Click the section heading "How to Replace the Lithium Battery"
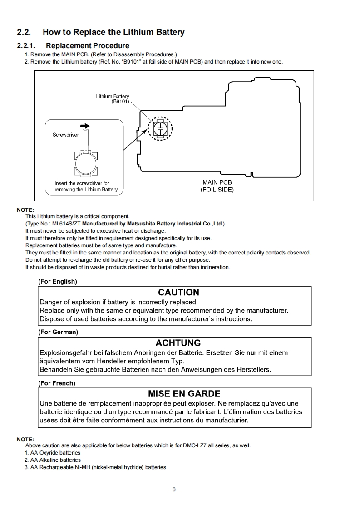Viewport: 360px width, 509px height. click(x=113, y=32)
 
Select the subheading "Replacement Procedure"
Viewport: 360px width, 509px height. click(x=88, y=45)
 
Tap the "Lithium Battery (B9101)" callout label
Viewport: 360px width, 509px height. click(x=113, y=99)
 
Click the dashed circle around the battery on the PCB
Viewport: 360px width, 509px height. click(x=160, y=128)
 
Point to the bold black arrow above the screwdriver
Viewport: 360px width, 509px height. click(x=84, y=126)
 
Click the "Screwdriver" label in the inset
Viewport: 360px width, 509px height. click(x=66, y=135)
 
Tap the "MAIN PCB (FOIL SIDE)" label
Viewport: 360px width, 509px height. click(x=217, y=186)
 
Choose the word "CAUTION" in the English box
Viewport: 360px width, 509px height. click(x=178, y=293)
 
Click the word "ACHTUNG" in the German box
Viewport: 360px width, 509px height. click(x=178, y=343)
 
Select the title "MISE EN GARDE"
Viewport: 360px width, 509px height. click(x=184, y=394)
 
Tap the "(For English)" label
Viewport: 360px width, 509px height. click(x=58, y=281)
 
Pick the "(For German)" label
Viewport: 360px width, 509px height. click(x=58, y=332)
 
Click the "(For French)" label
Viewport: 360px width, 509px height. click(x=57, y=383)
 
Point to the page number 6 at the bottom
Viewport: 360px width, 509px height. click(x=174, y=489)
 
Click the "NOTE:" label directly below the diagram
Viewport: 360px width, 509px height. click(x=25, y=210)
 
